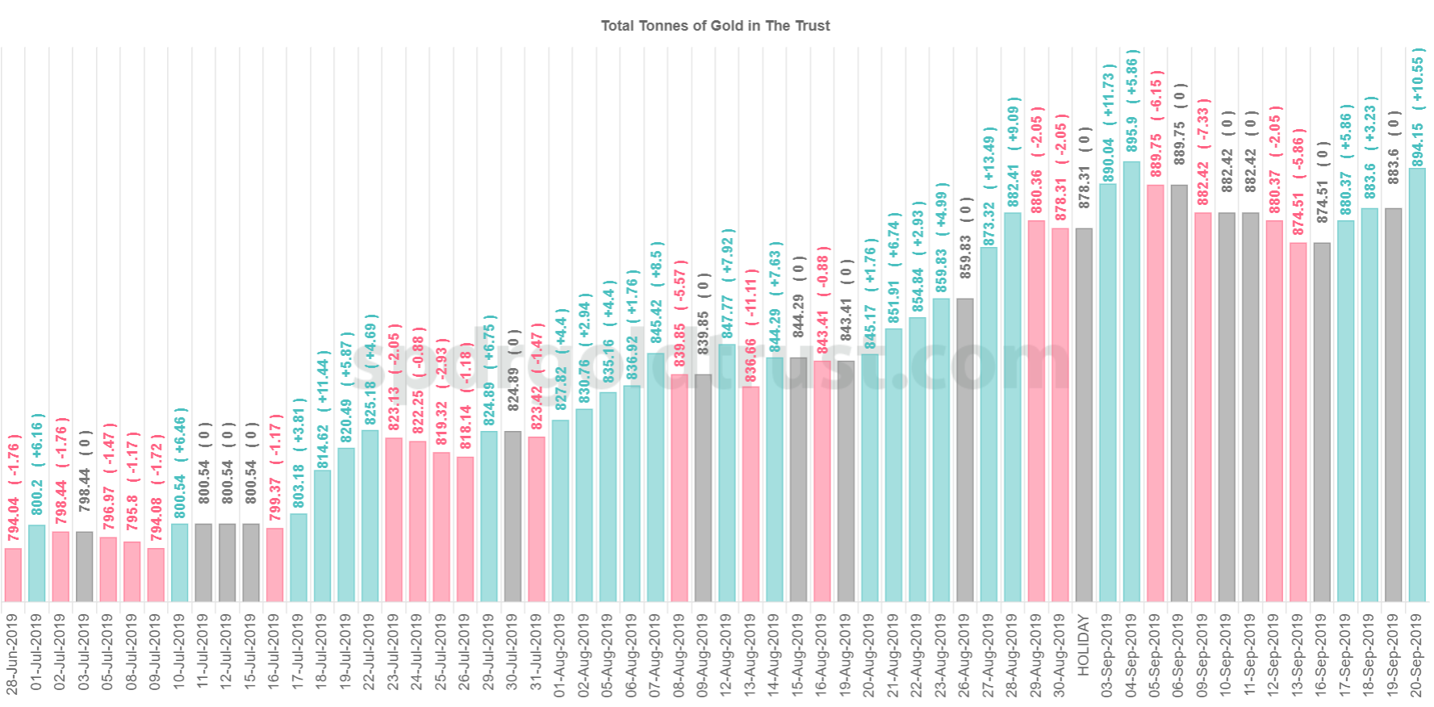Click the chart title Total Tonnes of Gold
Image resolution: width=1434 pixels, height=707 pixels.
click(715, 26)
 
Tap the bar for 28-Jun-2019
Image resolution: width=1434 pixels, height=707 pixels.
click(13, 575)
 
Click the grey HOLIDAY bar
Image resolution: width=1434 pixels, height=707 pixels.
click(1084, 415)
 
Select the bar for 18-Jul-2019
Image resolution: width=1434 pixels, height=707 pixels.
click(322, 536)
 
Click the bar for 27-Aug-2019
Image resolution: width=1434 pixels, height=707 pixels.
click(989, 424)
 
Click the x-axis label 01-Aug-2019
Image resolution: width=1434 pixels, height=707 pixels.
click(560, 655)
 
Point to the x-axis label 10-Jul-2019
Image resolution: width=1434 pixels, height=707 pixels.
click(179, 655)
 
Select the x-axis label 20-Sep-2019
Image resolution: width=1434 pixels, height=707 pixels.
click(1417, 655)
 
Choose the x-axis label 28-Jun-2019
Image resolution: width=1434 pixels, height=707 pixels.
click(13, 655)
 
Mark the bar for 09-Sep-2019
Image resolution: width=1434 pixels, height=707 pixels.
click(1202, 407)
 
